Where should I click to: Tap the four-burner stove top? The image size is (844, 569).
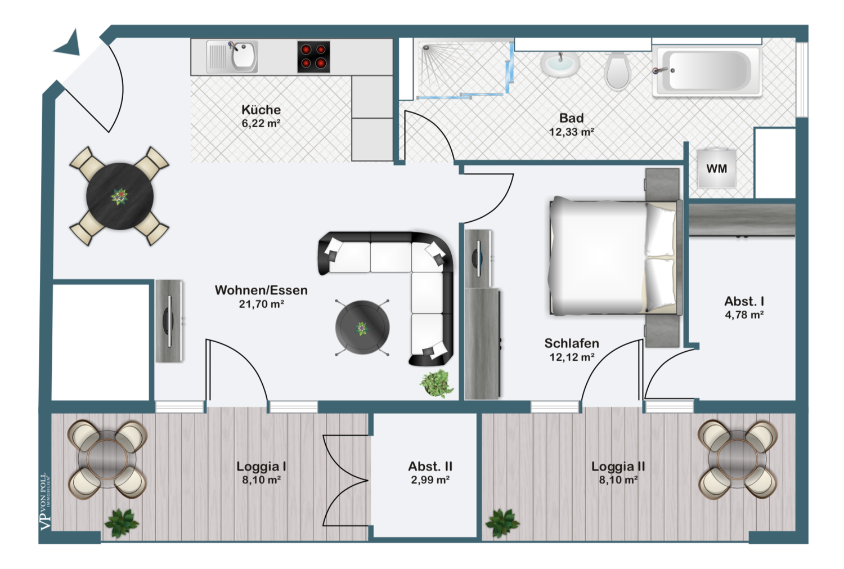tap(313, 57)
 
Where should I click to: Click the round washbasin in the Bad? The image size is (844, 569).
tap(560, 63)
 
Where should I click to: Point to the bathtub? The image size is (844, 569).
tap(707, 71)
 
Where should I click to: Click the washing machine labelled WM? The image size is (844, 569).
tap(716, 168)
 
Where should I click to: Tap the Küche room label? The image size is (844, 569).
tap(261, 110)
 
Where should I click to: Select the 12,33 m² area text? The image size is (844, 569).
tap(571, 132)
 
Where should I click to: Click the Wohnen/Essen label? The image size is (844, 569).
tap(261, 290)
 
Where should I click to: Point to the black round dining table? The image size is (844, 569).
tap(120, 196)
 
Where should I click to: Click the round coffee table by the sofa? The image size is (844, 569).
tap(362, 328)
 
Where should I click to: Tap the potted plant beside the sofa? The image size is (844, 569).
tap(437, 384)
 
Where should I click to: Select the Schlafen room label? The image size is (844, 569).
tap(572, 343)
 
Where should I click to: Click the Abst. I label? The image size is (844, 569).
tap(744, 302)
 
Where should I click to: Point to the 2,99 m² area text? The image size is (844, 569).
tap(430, 480)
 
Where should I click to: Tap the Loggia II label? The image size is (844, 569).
tap(618, 467)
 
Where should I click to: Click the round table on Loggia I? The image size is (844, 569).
tap(107, 459)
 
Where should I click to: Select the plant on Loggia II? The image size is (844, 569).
tap(502, 523)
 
